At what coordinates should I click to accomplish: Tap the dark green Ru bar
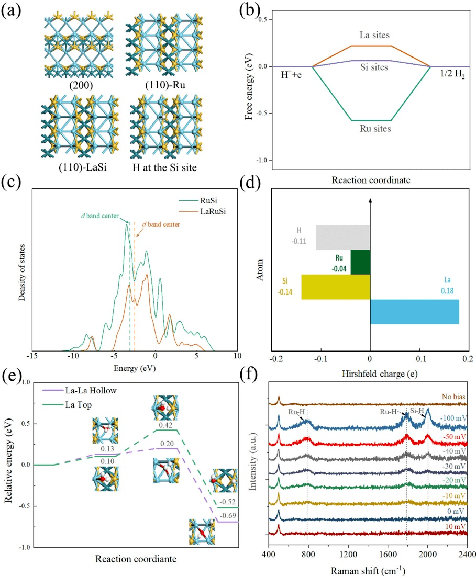tap(360, 262)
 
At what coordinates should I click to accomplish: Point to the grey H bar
tap(343, 237)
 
